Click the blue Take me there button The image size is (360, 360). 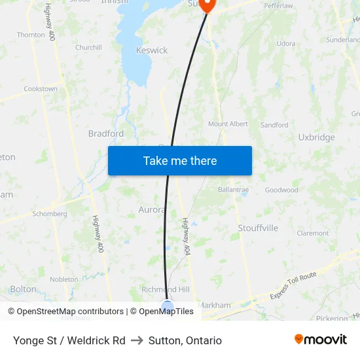tap(179, 161)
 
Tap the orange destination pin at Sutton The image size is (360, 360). tap(207, 5)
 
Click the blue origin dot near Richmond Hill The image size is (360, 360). tap(168, 306)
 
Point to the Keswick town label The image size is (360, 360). tap(152, 50)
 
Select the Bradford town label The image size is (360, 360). tap(106, 134)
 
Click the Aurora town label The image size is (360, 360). tap(151, 210)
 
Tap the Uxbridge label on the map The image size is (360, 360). tap(316, 137)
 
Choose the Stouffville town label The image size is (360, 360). tap(254, 228)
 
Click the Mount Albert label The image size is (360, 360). tap(228, 124)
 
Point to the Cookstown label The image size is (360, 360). tap(41, 89)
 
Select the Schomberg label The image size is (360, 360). tap(50, 214)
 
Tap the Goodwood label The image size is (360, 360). tap(281, 190)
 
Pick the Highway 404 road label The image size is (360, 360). tap(185, 236)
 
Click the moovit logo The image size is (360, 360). tap(320, 340)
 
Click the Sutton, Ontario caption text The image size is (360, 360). tap(185, 341)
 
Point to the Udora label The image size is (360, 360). tap(286, 44)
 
